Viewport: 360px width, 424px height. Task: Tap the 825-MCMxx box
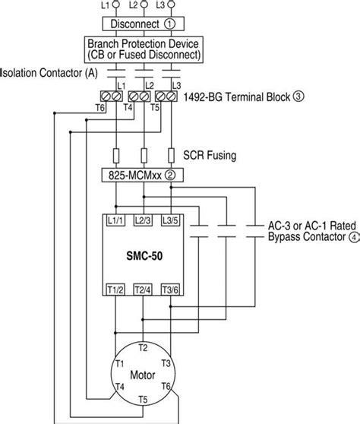click(x=143, y=176)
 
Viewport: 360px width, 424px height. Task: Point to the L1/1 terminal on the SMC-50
click(x=115, y=220)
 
